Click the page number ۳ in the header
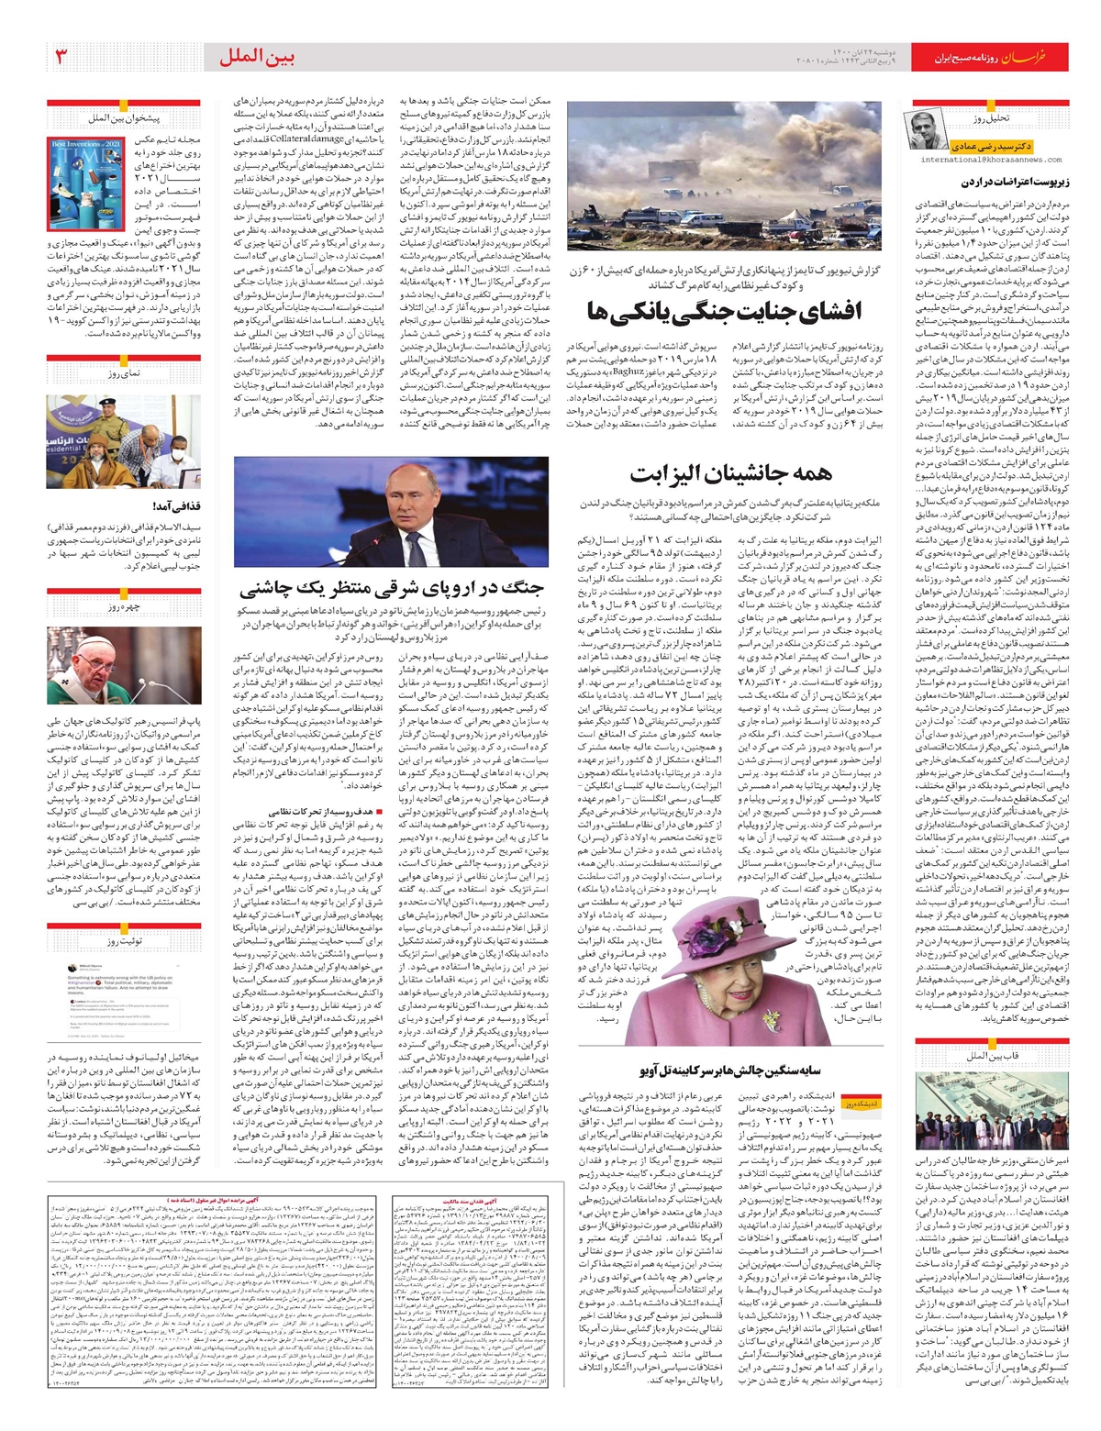point(61,57)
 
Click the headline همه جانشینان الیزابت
point(731,473)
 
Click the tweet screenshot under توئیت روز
point(124,999)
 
